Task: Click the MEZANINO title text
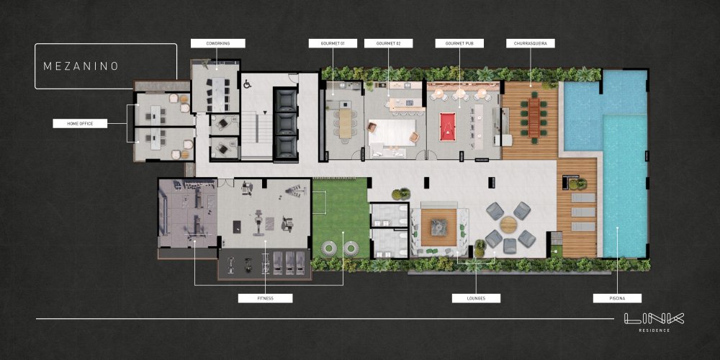(81, 66)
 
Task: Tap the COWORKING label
(218, 43)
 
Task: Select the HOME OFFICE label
(80, 123)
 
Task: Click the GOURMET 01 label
(333, 43)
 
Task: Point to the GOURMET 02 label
(389, 43)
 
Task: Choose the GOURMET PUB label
(459, 43)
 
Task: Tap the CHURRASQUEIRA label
(531, 43)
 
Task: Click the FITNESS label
(266, 299)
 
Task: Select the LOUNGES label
(476, 299)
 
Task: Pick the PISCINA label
(617, 299)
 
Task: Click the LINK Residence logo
(654, 322)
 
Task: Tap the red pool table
(446, 127)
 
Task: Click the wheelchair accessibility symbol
(247, 84)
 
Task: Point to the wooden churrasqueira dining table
(534, 117)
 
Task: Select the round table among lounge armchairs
(509, 225)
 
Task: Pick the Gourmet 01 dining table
(346, 122)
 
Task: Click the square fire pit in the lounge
(438, 228)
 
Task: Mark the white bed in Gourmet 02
(392, 132)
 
